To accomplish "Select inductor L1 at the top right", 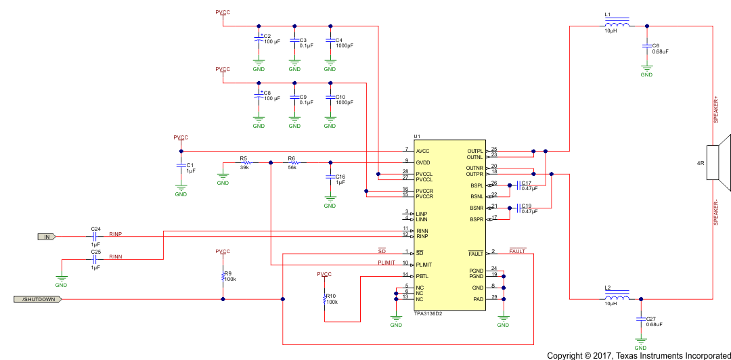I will click(x=617, y=25).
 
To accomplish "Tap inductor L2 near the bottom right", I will click(x=617, y=298).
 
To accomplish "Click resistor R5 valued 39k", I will click(x=246, y=162).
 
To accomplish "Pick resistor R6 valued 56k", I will click(x=294, y=162).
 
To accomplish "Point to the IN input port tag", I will click(x=47, y=237).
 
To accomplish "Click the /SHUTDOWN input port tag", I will click(x=39, y=299).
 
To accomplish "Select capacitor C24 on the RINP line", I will click(x=95, y=237).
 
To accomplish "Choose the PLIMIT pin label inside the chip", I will click(x=425, y=265).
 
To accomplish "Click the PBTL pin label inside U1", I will click(x=422, y=276).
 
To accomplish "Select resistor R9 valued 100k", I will click(x=223, y=276).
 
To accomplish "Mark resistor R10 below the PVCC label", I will click(x=325, y=298).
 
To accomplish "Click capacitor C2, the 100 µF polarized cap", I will click(x=259, y=41).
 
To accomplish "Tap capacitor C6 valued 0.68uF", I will click(x=647, y=47).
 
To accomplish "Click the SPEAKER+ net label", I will click(x=716, y=109).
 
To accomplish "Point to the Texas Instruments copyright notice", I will click(x=638, y=355).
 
